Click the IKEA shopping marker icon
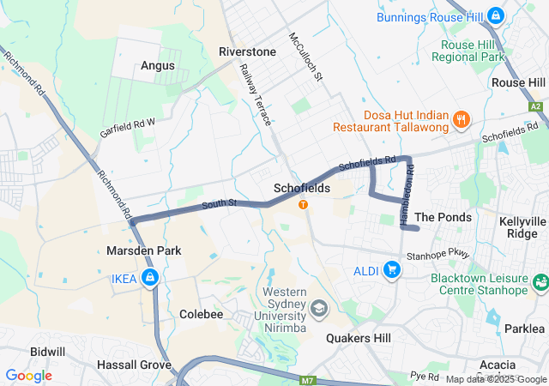tap(150, 278)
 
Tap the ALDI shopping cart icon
tap(393, 271)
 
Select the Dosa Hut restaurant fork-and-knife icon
tap(462, 118)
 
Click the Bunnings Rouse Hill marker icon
tap(496, 15)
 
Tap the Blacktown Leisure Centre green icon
tap(540, 281)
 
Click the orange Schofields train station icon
tap(303, 204)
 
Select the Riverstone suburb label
tap(247, 51)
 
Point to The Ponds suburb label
tap(443, 218)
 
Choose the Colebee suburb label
tap(201, 315)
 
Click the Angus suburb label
tap(158, 65)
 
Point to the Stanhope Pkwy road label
tap(438, 254)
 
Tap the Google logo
tap(28, 376)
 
